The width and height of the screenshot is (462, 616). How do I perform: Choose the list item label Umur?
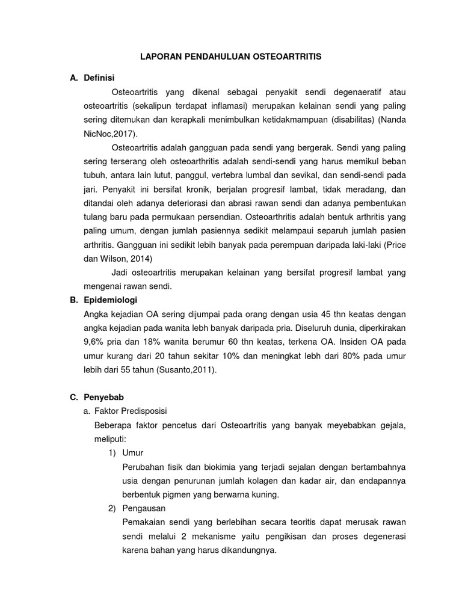click(x=132, y=452)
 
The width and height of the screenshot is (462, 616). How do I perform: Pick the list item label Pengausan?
click(x=143, y=508)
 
